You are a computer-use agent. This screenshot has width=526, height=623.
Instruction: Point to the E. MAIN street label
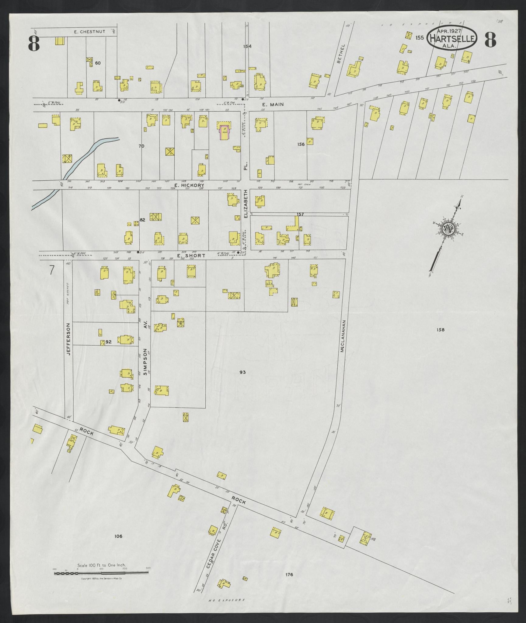pyautogui.click(x=273, y=104)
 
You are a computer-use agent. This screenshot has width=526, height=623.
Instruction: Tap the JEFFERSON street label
pyautogui.click(x=69, y=339)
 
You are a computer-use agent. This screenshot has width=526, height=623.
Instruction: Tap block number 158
pyautogui.click(x=440, y=329)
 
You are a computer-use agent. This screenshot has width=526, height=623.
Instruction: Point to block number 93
pyautogui.click(x=242, y=372)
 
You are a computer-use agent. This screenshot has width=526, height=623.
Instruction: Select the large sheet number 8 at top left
pyautogui.click(x=34, y=43)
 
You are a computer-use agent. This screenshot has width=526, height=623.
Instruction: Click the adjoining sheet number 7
pyautogui.click(x=52, y=270)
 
